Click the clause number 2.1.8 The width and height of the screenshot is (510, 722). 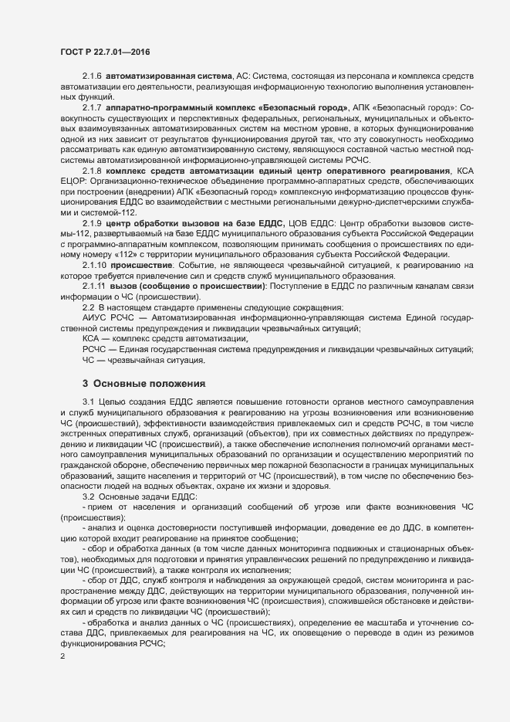92,171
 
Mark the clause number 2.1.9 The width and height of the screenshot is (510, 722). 92,223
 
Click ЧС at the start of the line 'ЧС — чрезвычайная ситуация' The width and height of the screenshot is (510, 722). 88,360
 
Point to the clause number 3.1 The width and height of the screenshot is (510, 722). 87,404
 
